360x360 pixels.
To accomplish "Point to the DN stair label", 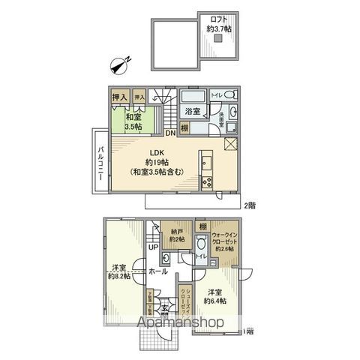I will [171, 133].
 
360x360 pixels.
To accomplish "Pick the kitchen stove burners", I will [208, 181].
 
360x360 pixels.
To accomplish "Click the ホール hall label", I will [157, 271].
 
